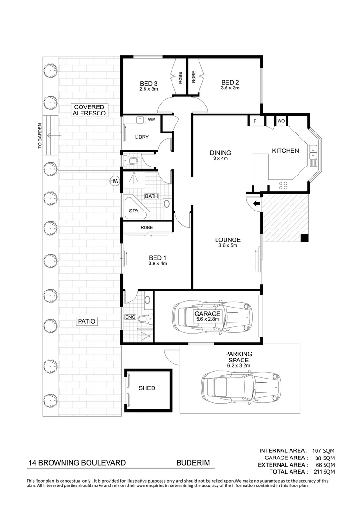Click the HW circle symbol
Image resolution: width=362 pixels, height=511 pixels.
point(114,181)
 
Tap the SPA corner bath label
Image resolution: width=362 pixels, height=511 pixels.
point(134,211)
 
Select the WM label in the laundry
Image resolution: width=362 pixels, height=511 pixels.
point(152,120)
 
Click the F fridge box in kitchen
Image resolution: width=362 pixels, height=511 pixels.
point(255,121)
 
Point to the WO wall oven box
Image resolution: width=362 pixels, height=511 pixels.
point(281,121)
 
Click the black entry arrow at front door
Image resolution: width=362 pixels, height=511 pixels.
point(256,204)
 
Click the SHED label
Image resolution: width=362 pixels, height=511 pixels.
point(147,388)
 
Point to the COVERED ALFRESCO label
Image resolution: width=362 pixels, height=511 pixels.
point(89,110)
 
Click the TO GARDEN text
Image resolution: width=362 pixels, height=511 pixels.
point(40,136)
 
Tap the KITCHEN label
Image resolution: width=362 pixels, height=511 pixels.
point(285,151)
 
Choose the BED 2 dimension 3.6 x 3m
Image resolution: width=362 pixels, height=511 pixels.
point(230,88)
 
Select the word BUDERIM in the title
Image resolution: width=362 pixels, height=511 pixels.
point(193,463)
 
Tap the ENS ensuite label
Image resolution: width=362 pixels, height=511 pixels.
point(129,317)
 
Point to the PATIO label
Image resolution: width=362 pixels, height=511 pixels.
point(86,321)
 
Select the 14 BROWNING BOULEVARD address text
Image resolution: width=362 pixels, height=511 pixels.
point(77,463)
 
